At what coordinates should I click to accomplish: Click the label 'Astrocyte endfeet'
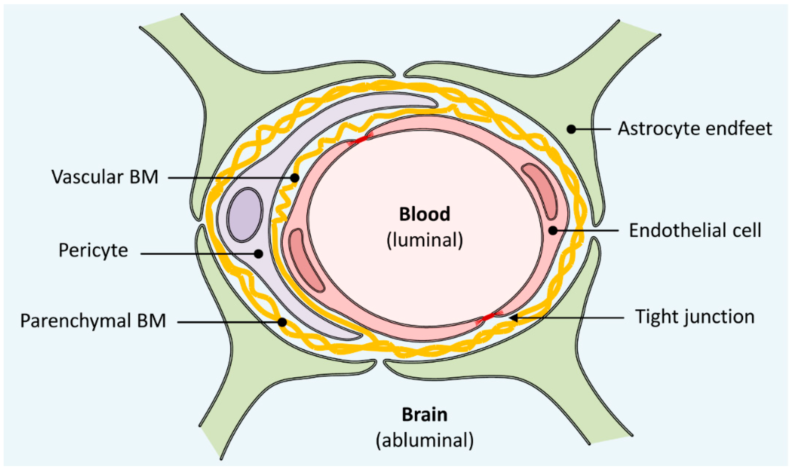pos(695,129)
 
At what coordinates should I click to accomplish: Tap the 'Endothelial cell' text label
pos(695,230)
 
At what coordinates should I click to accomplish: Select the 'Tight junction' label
pos(695,317)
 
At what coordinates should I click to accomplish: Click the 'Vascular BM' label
pos(105,177)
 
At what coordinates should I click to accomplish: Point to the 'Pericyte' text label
pos(93,250)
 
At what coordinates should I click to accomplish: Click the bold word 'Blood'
pos(425,214)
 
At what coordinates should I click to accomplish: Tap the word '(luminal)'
pos(425,240)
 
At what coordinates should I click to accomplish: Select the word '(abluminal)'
pos(425,441)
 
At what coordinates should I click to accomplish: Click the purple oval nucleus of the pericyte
pos(245,215)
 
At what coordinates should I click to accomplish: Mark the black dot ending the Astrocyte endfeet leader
pos(571,129)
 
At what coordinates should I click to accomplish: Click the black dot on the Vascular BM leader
pos(294,178)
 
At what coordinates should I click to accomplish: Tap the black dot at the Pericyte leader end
pos(259,254)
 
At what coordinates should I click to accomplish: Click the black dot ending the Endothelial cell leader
pos(553,231)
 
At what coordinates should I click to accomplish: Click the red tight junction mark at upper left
pos(360,140)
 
